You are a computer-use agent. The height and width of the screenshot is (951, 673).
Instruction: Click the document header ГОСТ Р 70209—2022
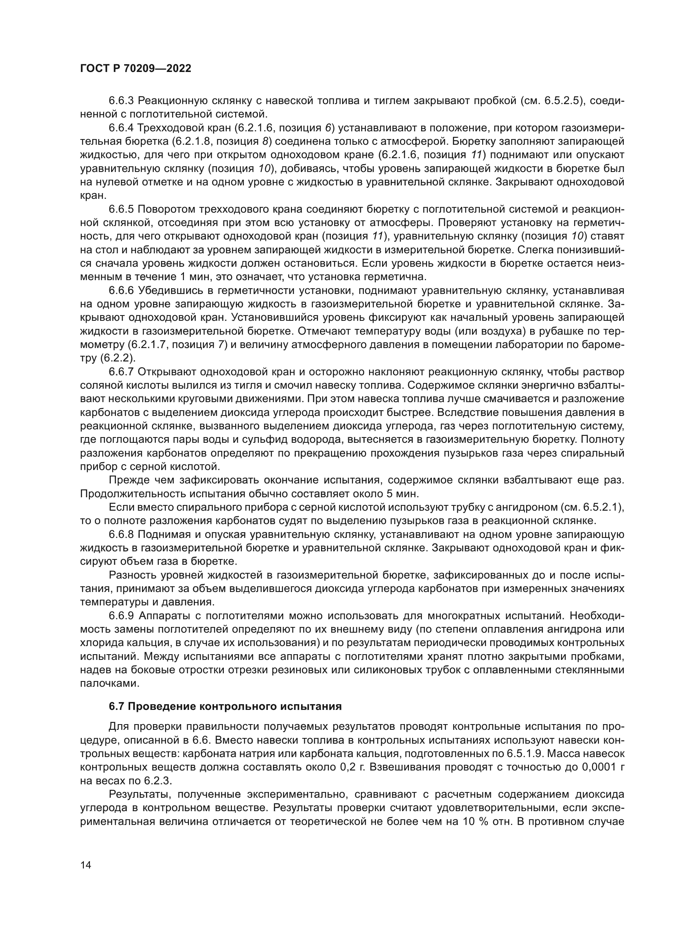point(135,69)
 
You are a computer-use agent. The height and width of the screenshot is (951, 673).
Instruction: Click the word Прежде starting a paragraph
point(129,481)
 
